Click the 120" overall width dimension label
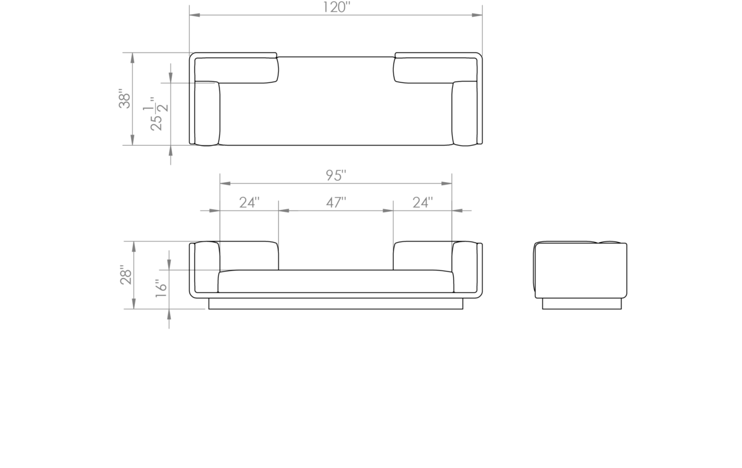336,7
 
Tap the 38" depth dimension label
125,99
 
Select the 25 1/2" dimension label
156,114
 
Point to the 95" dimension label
336,175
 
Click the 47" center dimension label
336,203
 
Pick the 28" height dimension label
126,275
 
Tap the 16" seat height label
161,288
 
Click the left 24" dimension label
249,203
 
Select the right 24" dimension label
423,203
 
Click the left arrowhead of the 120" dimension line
194,15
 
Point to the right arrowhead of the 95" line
446,183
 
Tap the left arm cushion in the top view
207,113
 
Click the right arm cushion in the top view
465,113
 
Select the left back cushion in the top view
236,70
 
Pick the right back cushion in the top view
435,70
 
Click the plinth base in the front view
336,304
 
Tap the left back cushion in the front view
249,256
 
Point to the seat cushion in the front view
336,281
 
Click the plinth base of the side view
582,304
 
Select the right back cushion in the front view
423,256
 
